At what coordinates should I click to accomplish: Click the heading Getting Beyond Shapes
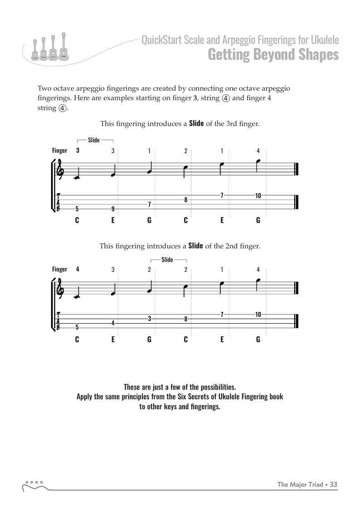[273, 55]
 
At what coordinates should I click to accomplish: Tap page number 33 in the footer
[334, 485]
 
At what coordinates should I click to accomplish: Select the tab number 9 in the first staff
[113, 209]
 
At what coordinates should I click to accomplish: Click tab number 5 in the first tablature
[77, 209]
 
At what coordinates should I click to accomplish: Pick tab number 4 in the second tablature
[113, 323]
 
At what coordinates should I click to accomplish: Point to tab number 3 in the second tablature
[149, 319]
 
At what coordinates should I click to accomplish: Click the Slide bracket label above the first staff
[94, 140]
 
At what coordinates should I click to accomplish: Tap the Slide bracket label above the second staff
[167, 260]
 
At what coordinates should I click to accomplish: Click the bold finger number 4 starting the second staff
[78, 269]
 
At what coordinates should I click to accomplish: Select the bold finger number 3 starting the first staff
[78, 151]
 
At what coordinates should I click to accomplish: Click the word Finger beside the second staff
[59, 269]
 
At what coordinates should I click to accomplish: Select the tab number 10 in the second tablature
[258, 314]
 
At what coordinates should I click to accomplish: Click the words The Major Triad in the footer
[300, 485]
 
